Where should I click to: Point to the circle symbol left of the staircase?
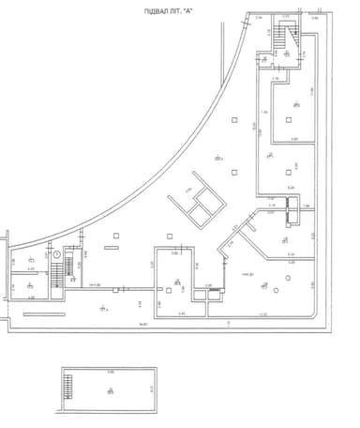[x=54, y=254]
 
